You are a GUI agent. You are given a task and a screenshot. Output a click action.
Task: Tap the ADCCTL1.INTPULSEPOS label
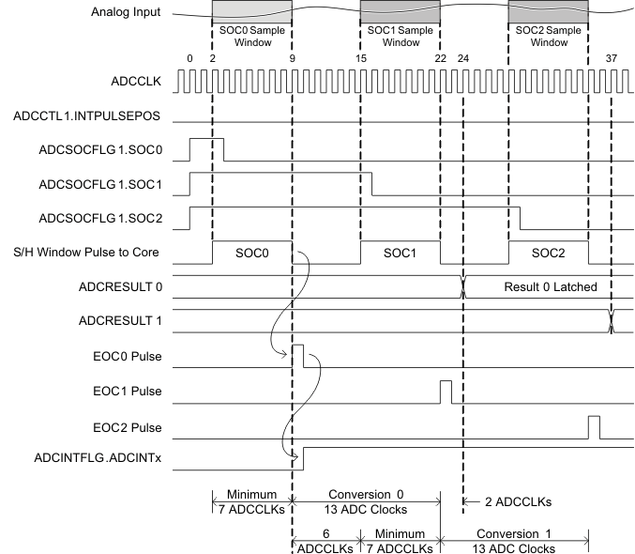(x=94, y=117)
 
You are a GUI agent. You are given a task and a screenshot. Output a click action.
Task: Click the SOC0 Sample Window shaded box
(x=252, y=11)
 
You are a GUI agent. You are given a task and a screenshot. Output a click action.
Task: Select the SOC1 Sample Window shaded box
(x=401, y=11)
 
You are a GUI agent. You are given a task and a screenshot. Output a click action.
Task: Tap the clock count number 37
(x=612, y=58)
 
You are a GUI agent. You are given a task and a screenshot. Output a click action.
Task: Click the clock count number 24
(x=463, y=58)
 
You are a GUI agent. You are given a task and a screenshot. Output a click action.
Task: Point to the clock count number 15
(x=360, y=58)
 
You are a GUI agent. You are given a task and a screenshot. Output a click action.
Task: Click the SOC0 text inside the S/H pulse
(x=251, y=254)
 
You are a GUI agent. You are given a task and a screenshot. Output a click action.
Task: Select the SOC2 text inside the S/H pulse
(x=548, y=254)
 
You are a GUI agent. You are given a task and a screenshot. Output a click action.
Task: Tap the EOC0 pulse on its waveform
(x=298, y=356)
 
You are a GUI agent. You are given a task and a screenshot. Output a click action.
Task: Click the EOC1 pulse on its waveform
(x=446, y=391)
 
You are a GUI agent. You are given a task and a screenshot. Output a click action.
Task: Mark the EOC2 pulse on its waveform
(x=594, y=426)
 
